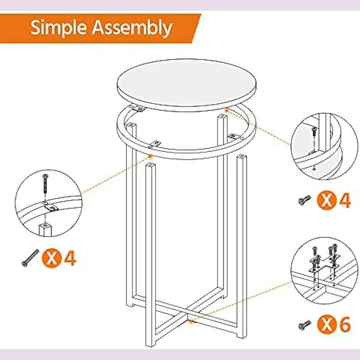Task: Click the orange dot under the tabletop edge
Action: coord(227,111)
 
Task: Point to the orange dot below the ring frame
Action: coord(150,157)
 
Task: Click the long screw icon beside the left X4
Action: coord(30,258)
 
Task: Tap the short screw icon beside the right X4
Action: coord(305,200)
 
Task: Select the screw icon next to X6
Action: coord(305,325)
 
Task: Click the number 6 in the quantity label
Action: coord(345,325)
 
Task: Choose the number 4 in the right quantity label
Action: coord(345,200)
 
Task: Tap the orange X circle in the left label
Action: coord(52,258)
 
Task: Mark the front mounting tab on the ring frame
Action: coord(156,143)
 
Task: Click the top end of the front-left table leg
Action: coord(150,166)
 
